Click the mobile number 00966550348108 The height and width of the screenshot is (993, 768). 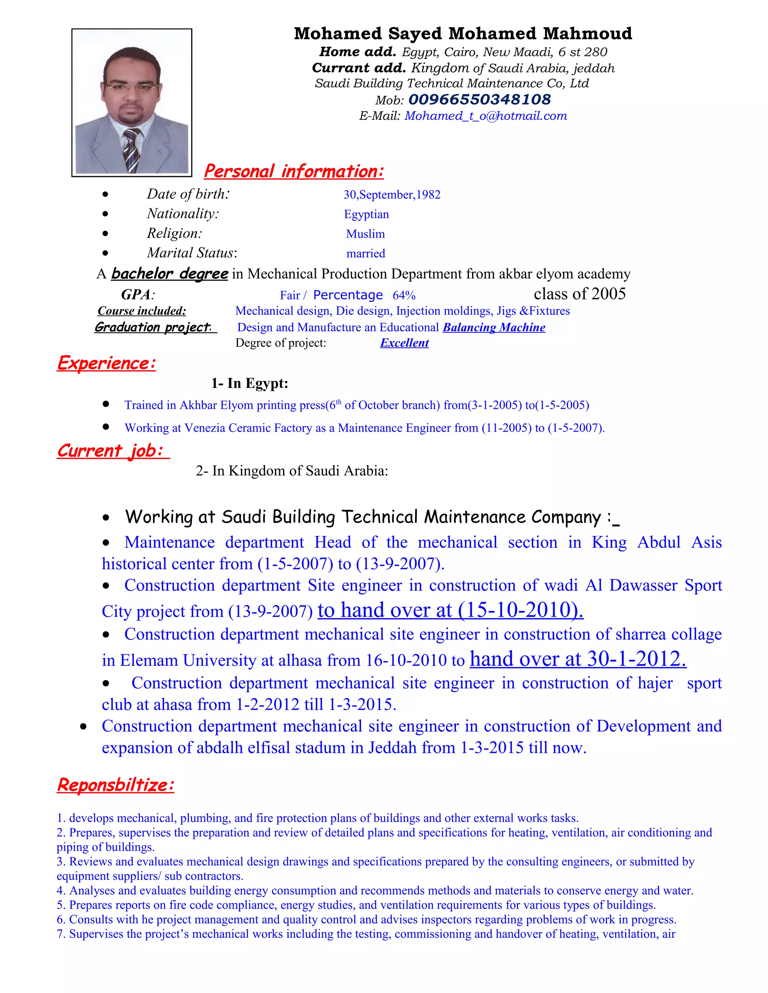[480, 99]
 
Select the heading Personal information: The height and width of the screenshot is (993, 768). [294, 171]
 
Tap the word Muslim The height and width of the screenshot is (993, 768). [365, 234]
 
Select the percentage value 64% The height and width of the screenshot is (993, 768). [404, 296]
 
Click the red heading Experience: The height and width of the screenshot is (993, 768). [106, 363]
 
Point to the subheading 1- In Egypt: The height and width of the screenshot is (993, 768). [249, 383]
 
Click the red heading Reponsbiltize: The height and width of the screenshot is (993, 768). [115, 785]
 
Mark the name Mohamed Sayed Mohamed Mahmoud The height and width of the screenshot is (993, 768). [463, 34]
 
